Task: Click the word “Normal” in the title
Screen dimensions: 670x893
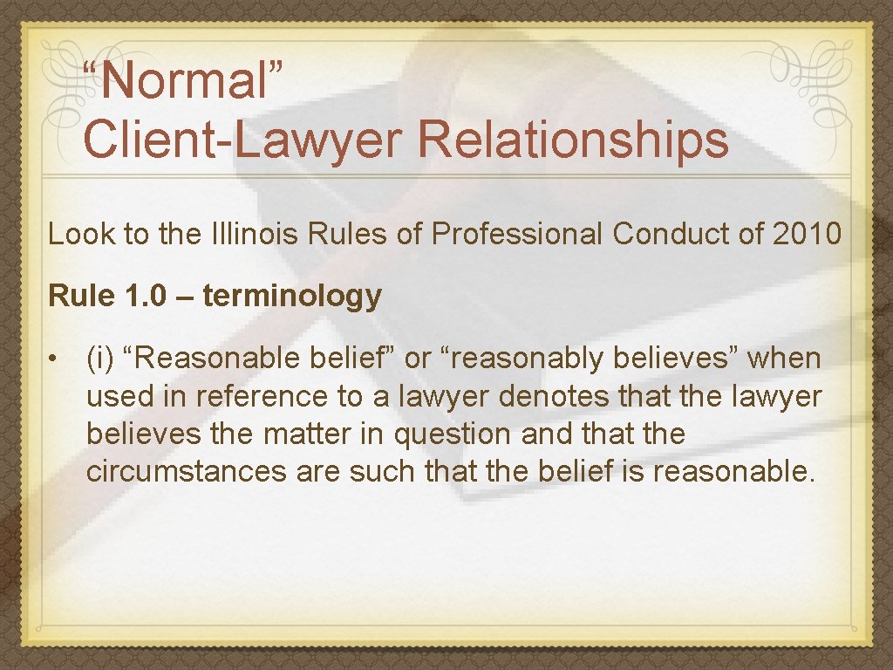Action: coord(182,81)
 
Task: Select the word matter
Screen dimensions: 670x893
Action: coord(269,434)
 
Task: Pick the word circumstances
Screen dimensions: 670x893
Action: coord(187,472)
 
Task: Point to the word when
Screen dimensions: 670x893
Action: coord(784,359)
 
